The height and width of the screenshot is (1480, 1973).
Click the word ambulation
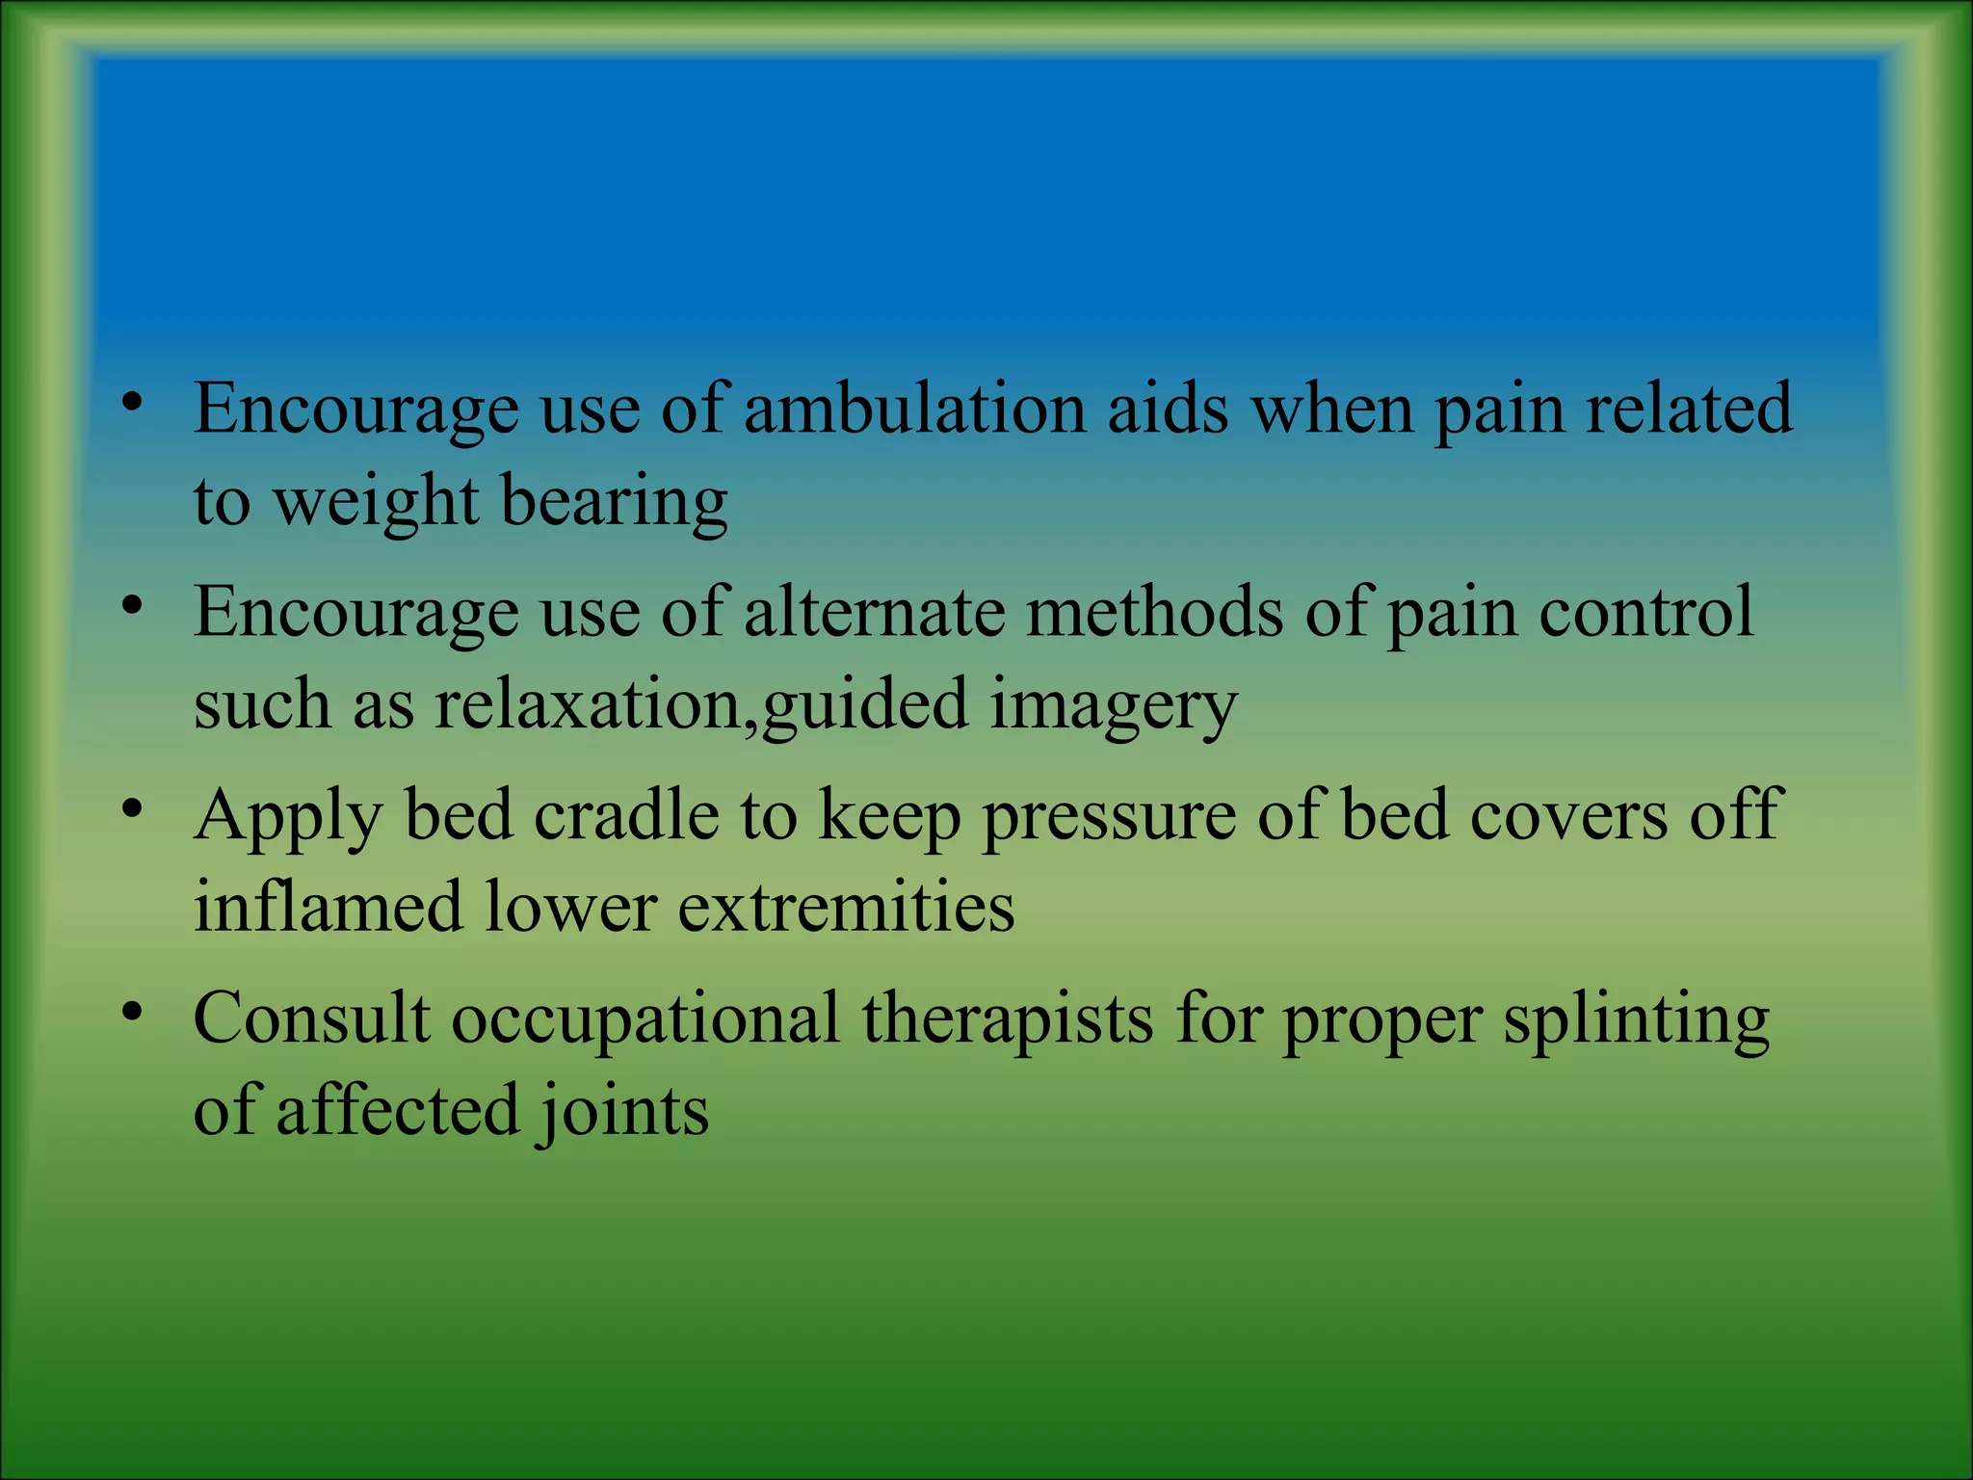pos(913,409)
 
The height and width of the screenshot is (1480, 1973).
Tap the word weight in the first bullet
pos(375,502)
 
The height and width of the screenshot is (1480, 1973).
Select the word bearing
pos(614,502)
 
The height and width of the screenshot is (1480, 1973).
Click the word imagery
pos(1113,705)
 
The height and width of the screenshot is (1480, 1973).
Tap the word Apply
pos(287,817)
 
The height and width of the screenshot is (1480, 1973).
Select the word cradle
pos(626,815)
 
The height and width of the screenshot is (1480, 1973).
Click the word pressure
pos(1108,817)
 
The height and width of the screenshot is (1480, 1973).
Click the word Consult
pos(311,1018)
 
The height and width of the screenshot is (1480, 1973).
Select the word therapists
pos(1007,1020)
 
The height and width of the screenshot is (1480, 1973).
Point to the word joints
pos(622,1112)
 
